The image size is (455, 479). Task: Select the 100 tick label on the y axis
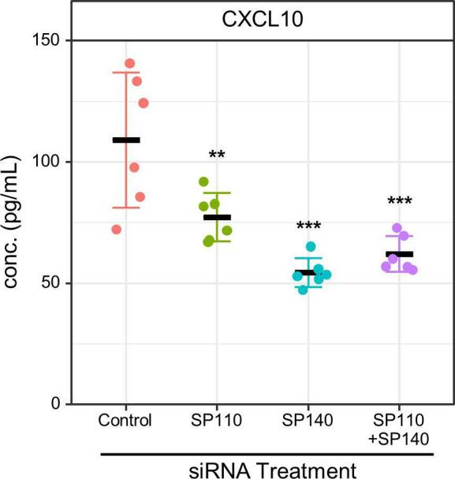coord(48,162)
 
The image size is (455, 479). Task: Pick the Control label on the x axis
coord(125,420)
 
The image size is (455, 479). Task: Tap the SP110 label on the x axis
coord(216,420)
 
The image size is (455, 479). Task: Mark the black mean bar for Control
coord(126,140)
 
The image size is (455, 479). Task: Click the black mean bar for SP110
coord(217,217)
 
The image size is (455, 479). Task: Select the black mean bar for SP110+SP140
coord(399,254)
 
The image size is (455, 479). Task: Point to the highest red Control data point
coord(130,64)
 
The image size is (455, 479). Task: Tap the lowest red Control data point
coord(117,230)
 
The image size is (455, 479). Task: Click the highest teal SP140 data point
coord(311,247)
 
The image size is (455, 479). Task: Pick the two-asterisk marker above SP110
coord(217,155)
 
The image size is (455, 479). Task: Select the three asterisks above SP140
coord(308,226)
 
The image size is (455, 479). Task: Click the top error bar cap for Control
coord(126,73)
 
